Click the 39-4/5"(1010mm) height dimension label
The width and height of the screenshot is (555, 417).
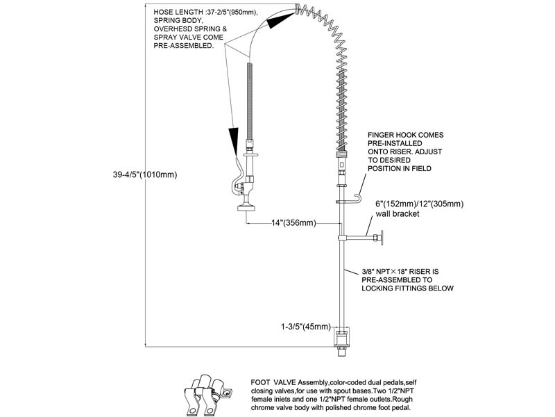(145, 174)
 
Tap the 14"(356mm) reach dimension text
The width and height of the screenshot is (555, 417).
(293, 222)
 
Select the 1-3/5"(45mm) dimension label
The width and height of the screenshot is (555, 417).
(306, 327)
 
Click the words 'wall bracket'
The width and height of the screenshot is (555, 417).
(397, 213)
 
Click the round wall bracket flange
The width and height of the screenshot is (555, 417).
(380, 238)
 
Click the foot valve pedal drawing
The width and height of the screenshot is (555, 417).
(206, 395)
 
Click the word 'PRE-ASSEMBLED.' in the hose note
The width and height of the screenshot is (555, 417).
(183, 46)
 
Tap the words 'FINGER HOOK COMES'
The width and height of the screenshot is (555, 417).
(405, 135)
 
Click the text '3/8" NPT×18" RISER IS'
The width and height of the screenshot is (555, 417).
(400, 271)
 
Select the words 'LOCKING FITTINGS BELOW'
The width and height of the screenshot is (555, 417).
(407, 288)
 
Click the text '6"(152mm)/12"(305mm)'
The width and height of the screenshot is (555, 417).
(420, 204)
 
